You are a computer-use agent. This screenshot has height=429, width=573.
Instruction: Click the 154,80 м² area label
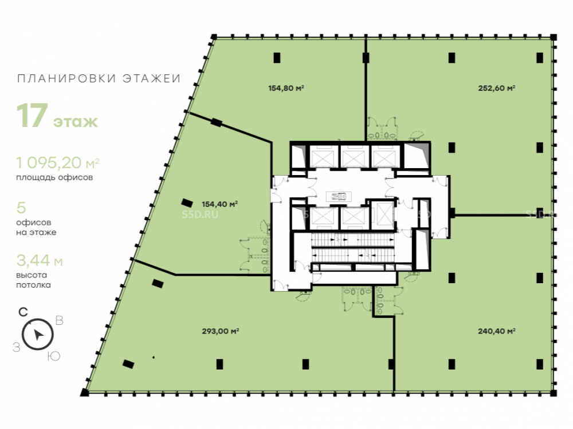tap(286, 88)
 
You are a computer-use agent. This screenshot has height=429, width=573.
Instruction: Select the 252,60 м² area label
tap(497, 88)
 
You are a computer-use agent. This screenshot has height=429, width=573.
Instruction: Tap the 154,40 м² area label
tap(219, 204)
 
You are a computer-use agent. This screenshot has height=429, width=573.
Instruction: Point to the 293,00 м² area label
tap(221, 331)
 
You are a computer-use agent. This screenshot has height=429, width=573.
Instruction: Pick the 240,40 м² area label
tap(497, 331)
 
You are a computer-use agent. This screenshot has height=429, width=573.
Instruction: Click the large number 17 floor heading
tap(32, 116)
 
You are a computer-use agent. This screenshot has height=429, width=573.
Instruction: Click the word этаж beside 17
tap(76, 121)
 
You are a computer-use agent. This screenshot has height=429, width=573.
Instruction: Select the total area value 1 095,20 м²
tap(58, 162)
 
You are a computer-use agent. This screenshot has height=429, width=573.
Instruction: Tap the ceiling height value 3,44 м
tap(40, 261)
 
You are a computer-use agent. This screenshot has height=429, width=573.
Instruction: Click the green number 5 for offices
tap(21, 208)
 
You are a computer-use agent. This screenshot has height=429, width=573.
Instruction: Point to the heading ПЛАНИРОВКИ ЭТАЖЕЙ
tap(99, 78)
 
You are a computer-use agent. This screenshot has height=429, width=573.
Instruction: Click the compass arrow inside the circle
tap(38, 334)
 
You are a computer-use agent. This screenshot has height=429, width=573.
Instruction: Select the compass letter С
tap(23, 312)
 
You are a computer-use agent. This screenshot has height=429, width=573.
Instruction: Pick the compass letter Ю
tap(54, 356)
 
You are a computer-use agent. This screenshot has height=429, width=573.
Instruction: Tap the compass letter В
tap(59, 321)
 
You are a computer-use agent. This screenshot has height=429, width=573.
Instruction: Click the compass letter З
tap(16, 348)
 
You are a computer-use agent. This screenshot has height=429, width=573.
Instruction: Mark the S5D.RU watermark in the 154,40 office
tap(200, 214)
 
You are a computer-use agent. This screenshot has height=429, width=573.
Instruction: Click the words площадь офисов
tap(54, 178)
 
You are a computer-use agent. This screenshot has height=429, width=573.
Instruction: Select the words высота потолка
tap(33, 280)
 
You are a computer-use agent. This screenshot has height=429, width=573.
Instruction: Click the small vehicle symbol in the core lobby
tap(339, 197)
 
